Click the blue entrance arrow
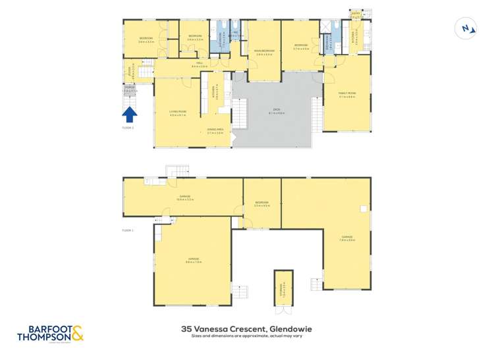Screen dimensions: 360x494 point(130,115)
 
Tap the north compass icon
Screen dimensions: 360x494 point(466,28)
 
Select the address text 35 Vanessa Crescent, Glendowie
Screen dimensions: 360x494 point(246,328)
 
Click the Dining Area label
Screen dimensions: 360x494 point(215,131)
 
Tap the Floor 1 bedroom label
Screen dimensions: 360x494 point(261,203)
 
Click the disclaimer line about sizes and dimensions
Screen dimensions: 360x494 point(246,336)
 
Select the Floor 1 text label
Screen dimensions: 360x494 point(128,230)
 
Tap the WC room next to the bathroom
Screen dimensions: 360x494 point(234,36)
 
